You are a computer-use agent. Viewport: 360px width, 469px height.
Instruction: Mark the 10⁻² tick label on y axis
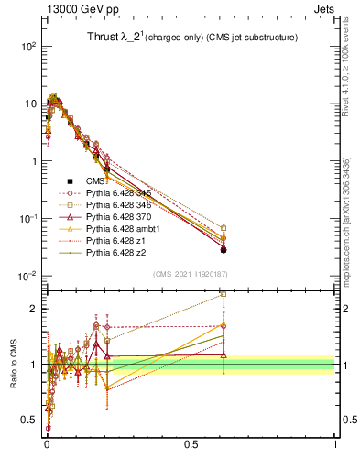[x=28, y=276]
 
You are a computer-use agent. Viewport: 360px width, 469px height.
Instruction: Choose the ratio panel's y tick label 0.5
[x=32, y=420]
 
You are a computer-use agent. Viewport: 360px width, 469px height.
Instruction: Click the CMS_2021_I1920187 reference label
[x=190, y=274]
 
